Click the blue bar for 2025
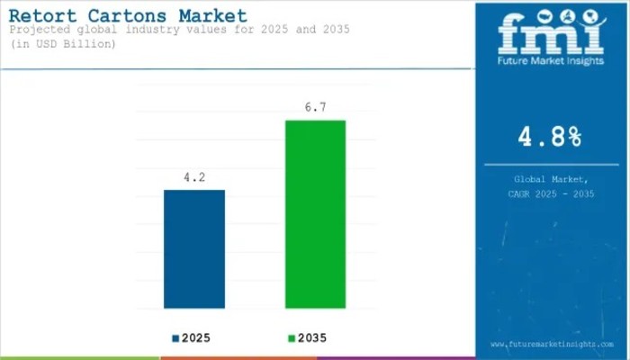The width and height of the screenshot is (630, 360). tap(193, 249)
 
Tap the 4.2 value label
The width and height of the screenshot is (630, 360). tap(193, 178)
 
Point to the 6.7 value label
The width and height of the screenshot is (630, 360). tap(315, 107)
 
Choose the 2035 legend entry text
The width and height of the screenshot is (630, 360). tap(311, 338)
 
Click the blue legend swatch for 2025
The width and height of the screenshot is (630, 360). tap(175, 338)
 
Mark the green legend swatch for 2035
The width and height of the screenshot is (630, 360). tap(290, 338)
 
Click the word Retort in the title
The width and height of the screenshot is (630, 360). tap(43, 15)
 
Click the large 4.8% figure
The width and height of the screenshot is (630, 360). tap(550, 137)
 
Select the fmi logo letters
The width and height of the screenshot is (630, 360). tap(551, 33)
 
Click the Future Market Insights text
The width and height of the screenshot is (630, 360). tap(551, 63)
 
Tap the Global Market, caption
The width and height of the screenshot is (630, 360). tap(550, 180)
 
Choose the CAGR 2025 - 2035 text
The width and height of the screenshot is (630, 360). tap(550, 193)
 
